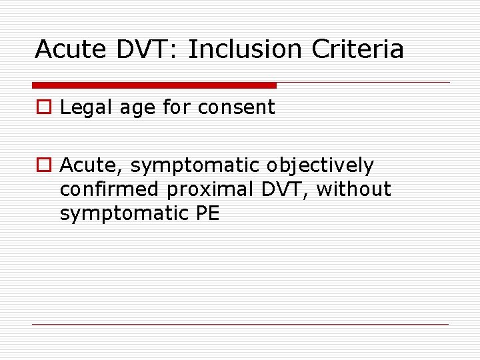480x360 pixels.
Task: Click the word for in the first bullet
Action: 176,107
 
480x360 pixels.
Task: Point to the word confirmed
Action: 110,189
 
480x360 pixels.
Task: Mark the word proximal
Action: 205,190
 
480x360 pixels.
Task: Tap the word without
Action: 353,189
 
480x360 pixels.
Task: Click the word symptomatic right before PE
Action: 124,214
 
